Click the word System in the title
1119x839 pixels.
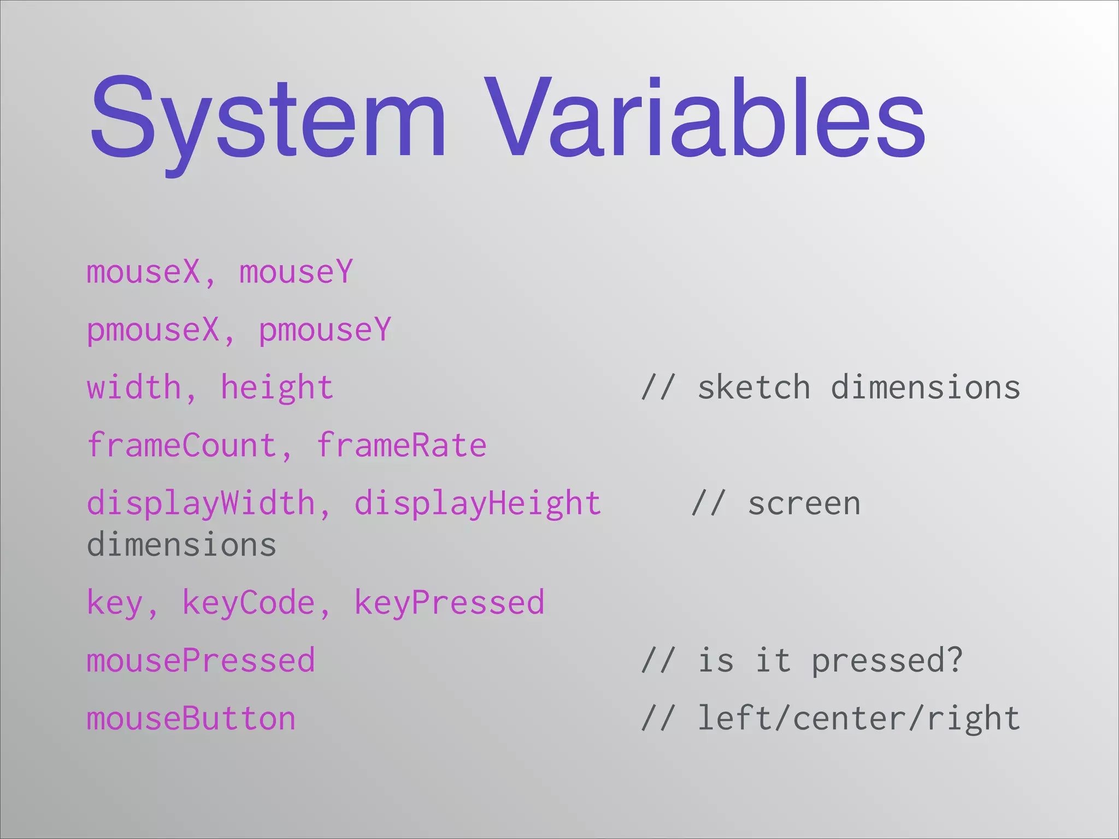tap(268, 117)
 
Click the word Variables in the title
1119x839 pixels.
tap(704, 117)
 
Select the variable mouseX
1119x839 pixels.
tap(144, 272)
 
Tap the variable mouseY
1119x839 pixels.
tap(296, 272)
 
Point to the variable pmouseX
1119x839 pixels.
tap(153, 330)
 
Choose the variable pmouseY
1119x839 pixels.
tap(325, 330)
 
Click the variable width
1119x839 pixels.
tap(134, 388)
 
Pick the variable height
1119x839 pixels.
tap(277, 388)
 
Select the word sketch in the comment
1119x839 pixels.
tap(753, 388)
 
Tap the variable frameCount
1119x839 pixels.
tap(182, 446)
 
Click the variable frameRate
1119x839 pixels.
tap(402, 446)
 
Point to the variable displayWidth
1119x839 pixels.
tap(201, 504)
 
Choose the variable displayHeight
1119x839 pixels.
tap(478, 504)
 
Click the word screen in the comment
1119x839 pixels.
tap(804, 504)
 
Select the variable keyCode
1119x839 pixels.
tap(249, 603)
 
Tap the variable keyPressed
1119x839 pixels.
tap(449, 603)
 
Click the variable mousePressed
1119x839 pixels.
tap(201, 661)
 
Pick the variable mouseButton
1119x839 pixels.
tap(191, 719)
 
